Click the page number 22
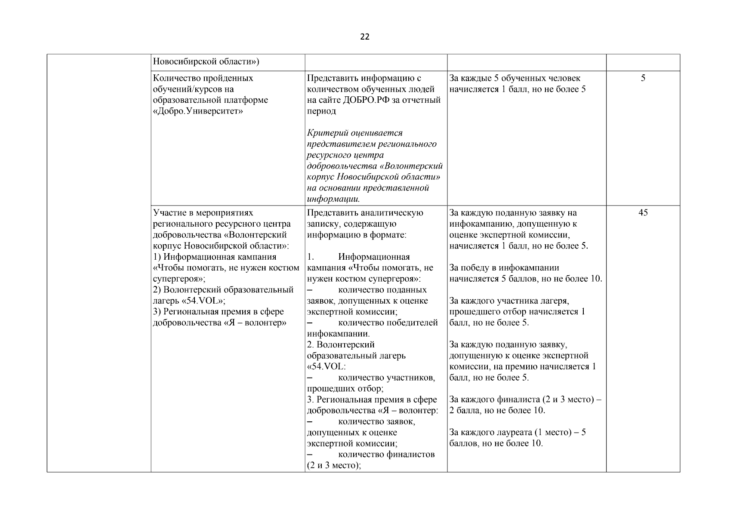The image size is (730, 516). coord(364,37)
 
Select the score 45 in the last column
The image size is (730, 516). coord(643,213)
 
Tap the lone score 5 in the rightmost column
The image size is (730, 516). coord(643,78)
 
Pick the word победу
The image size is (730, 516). coord(480,268)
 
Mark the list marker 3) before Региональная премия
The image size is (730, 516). coord(157,312)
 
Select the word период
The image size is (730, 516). coord(321,111)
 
